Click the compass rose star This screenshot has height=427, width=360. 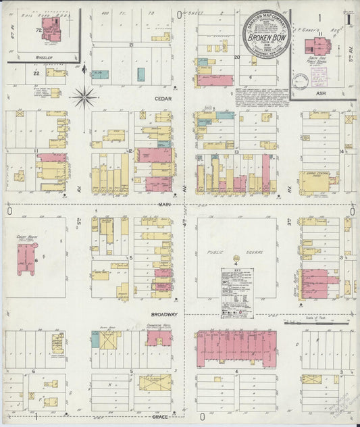click(x=84, y=97)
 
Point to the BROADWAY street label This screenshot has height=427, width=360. click(x=165, y=314)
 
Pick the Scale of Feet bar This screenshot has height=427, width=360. click(x=317, y=324)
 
